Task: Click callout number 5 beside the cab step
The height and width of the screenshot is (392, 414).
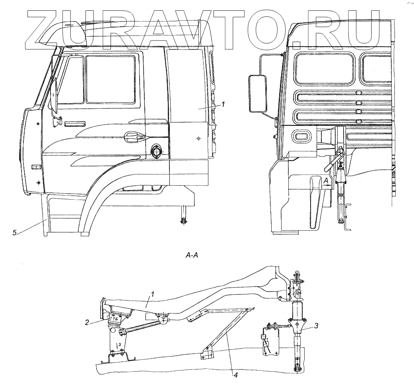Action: [x=14, y=233]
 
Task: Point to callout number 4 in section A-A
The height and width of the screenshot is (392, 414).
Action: [x=235, y=375]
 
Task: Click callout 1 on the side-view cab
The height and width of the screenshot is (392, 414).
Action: [x=223, y=104]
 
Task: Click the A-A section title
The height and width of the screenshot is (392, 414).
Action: [x=192, y=256]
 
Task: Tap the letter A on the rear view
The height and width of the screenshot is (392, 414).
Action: [x=326, y=181]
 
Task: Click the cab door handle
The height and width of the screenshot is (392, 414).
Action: [x=134, y=137]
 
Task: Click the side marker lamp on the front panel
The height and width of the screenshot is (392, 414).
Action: [x=36, y=166]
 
